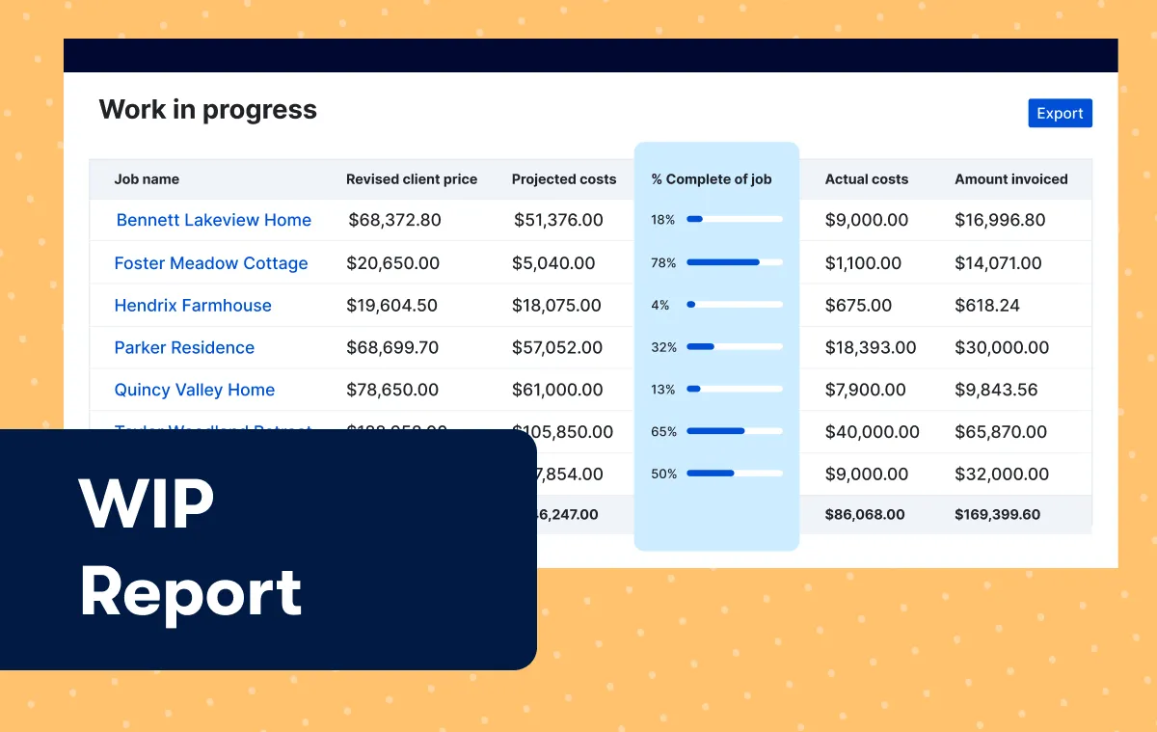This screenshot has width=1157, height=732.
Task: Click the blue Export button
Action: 1060,113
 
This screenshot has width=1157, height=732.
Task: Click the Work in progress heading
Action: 207,110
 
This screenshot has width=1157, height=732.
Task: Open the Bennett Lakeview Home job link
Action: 213,220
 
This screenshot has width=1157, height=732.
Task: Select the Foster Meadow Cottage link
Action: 211,263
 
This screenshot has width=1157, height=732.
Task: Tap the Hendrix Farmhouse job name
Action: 193,306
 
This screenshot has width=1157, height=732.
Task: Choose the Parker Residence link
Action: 184,348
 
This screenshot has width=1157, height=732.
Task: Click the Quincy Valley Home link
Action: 194,391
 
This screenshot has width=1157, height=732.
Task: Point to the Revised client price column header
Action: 412,179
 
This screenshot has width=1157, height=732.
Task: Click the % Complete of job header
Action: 712,179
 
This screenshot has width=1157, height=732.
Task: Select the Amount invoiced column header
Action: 1010,179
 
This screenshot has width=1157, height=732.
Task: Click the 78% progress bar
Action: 734,262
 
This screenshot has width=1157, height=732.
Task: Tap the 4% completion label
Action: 660,305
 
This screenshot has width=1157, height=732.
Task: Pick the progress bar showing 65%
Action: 734,431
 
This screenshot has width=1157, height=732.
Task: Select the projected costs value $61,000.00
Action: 557,391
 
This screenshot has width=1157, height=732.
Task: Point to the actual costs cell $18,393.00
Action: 871,348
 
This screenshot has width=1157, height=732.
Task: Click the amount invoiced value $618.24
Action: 986,306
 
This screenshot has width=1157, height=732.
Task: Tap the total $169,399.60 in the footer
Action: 997,515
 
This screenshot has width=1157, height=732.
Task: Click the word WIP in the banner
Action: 147,504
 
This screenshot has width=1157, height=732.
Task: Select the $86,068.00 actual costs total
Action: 865,515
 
